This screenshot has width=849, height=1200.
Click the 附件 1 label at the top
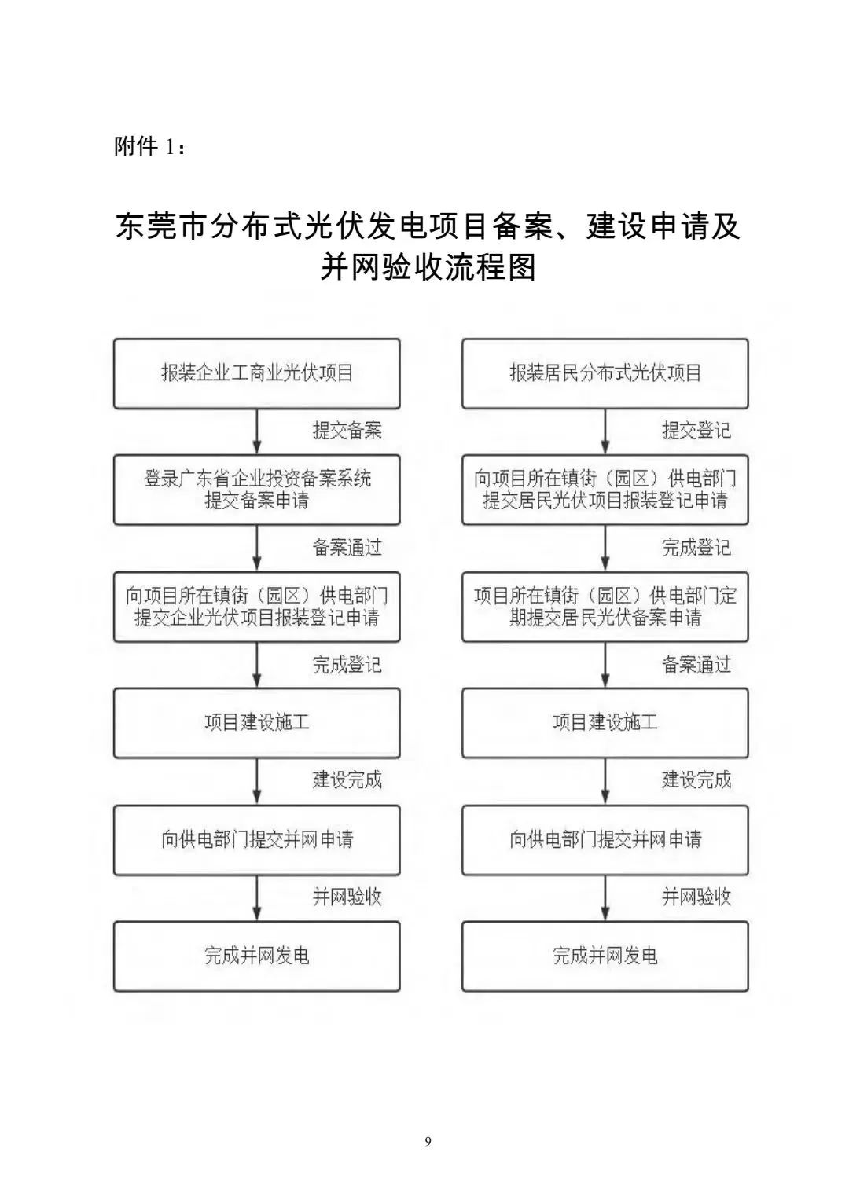149,146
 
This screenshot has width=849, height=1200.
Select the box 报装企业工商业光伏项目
257,373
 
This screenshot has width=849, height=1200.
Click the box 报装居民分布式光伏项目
605,373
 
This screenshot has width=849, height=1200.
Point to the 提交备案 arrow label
347,431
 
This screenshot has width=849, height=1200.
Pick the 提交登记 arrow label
696,431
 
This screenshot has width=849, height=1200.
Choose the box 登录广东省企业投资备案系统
257,490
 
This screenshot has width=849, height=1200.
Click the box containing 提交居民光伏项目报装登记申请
605,490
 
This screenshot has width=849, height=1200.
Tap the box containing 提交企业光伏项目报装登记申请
257,607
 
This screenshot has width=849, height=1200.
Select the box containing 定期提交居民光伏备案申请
605,607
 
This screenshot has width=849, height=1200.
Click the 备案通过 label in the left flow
347,548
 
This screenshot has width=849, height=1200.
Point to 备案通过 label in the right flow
696,665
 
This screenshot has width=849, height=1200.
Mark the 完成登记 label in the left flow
347,665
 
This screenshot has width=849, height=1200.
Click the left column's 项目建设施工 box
257,723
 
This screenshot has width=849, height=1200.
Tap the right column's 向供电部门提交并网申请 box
605,840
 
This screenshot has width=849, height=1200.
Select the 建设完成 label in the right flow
696,780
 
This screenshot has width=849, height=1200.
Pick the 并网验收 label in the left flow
347,897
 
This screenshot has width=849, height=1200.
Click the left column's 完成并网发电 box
257,956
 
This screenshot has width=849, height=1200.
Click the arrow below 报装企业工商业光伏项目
257,431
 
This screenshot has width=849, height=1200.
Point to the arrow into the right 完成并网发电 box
605,898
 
